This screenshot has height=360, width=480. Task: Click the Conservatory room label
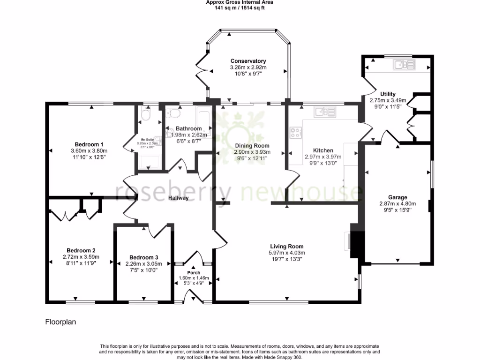pos(248,61)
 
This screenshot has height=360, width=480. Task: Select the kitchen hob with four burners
pos(296,133)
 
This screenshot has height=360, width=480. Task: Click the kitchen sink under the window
pos(325,112)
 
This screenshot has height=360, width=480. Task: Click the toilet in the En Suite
pos(144,115)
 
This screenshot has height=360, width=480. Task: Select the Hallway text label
pos(179,198)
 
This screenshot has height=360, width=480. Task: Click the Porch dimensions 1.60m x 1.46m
pos(194,278)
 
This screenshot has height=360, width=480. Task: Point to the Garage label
pos(397,197)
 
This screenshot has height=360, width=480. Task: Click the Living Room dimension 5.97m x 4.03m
pos(286,253)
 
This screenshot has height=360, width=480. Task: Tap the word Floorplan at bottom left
pos(60,322)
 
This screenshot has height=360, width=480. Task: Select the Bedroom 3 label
pos(143,257)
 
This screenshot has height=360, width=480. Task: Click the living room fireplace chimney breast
pos(356,244)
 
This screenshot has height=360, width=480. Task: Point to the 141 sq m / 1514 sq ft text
pos(240,7)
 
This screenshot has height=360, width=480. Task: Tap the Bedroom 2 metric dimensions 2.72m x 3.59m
pos(81,257)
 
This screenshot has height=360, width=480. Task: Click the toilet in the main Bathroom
pos(175,113)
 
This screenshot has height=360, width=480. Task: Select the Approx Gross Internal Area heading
pos(240,2)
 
